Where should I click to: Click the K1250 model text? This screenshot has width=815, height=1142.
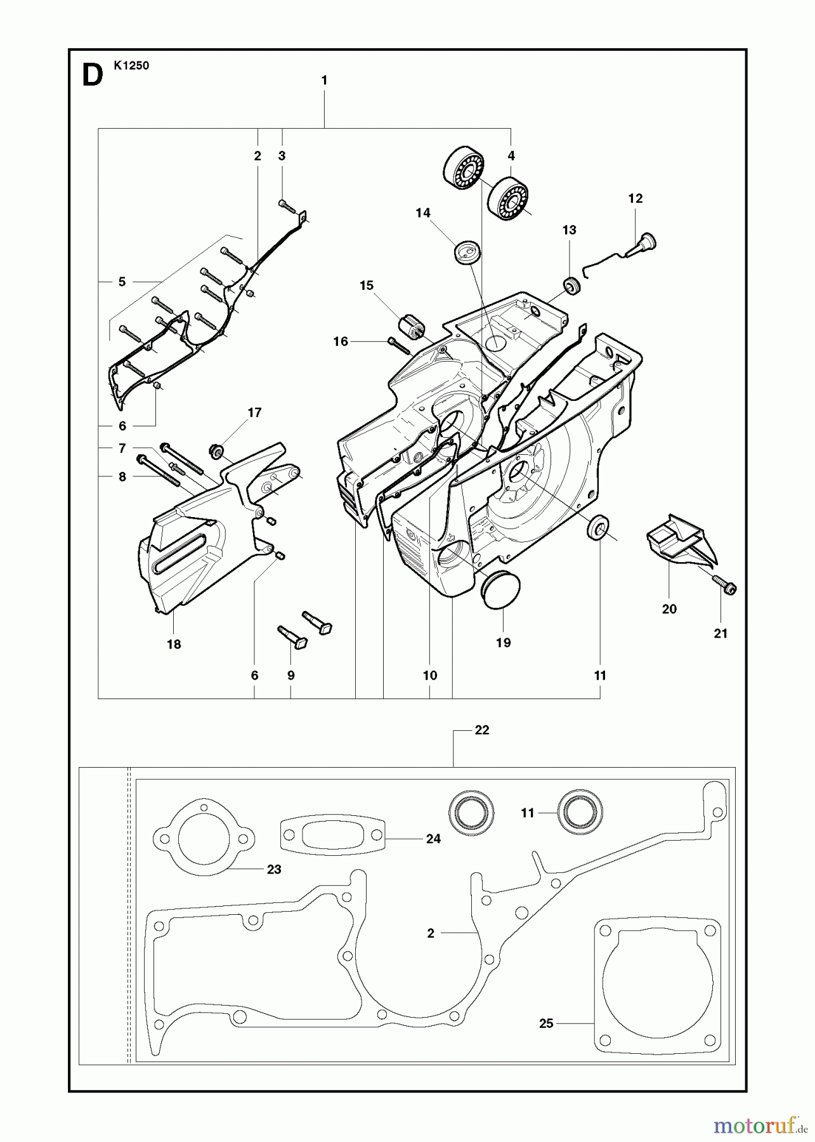click(x=132, y=65)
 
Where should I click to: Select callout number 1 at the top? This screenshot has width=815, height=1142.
click(x=324, y=81)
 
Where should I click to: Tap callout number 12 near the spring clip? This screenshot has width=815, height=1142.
click(x=635, y=199)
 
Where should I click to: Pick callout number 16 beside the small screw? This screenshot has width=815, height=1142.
click(x=341, y=342)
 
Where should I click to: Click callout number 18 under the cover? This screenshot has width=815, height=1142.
click(x=174, y=644)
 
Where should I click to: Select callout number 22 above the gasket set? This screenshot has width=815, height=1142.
click(x=482, y=730)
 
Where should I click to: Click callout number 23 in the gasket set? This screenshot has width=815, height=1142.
click(x=273, y=869)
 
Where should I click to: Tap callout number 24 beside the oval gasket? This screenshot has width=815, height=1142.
click(x=433, y=839)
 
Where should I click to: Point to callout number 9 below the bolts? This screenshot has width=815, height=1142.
click(x=290, y=676)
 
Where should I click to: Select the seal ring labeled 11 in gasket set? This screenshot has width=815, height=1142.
click(x=580, y=812)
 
